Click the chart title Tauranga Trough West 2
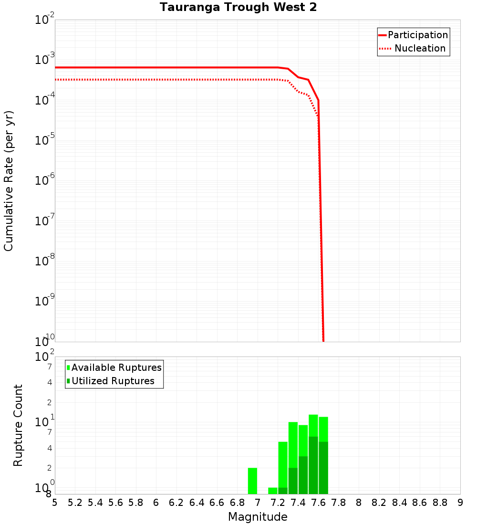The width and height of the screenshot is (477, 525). [x=238, y=8]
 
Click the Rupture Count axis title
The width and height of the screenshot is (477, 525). [x=18, y=425]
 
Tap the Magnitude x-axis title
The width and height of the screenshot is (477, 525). [x=258, y=517]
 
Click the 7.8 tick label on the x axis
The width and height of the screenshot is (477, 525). [x=339, y=503]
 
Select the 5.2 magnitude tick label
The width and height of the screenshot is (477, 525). [x=75, y=503]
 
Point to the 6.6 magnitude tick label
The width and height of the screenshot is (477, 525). [x=217, y=503]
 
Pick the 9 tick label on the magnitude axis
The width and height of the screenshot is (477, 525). [x=460, y=503]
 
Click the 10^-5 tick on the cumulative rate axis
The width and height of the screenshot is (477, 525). [x=46, y=140]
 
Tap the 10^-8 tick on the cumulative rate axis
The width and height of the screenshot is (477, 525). [x=46, y=261]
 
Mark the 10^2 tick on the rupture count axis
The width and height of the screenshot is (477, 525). [x=46, y=357]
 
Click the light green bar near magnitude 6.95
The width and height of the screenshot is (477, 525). [x=252, y=481]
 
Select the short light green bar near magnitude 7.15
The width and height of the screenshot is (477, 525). [x=273, y=491]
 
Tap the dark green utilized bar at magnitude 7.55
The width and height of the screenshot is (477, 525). [x=313, y=465]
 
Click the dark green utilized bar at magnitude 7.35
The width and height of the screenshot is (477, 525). [x=293, y=481]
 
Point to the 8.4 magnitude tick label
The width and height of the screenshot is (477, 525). [x=400, y=503]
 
